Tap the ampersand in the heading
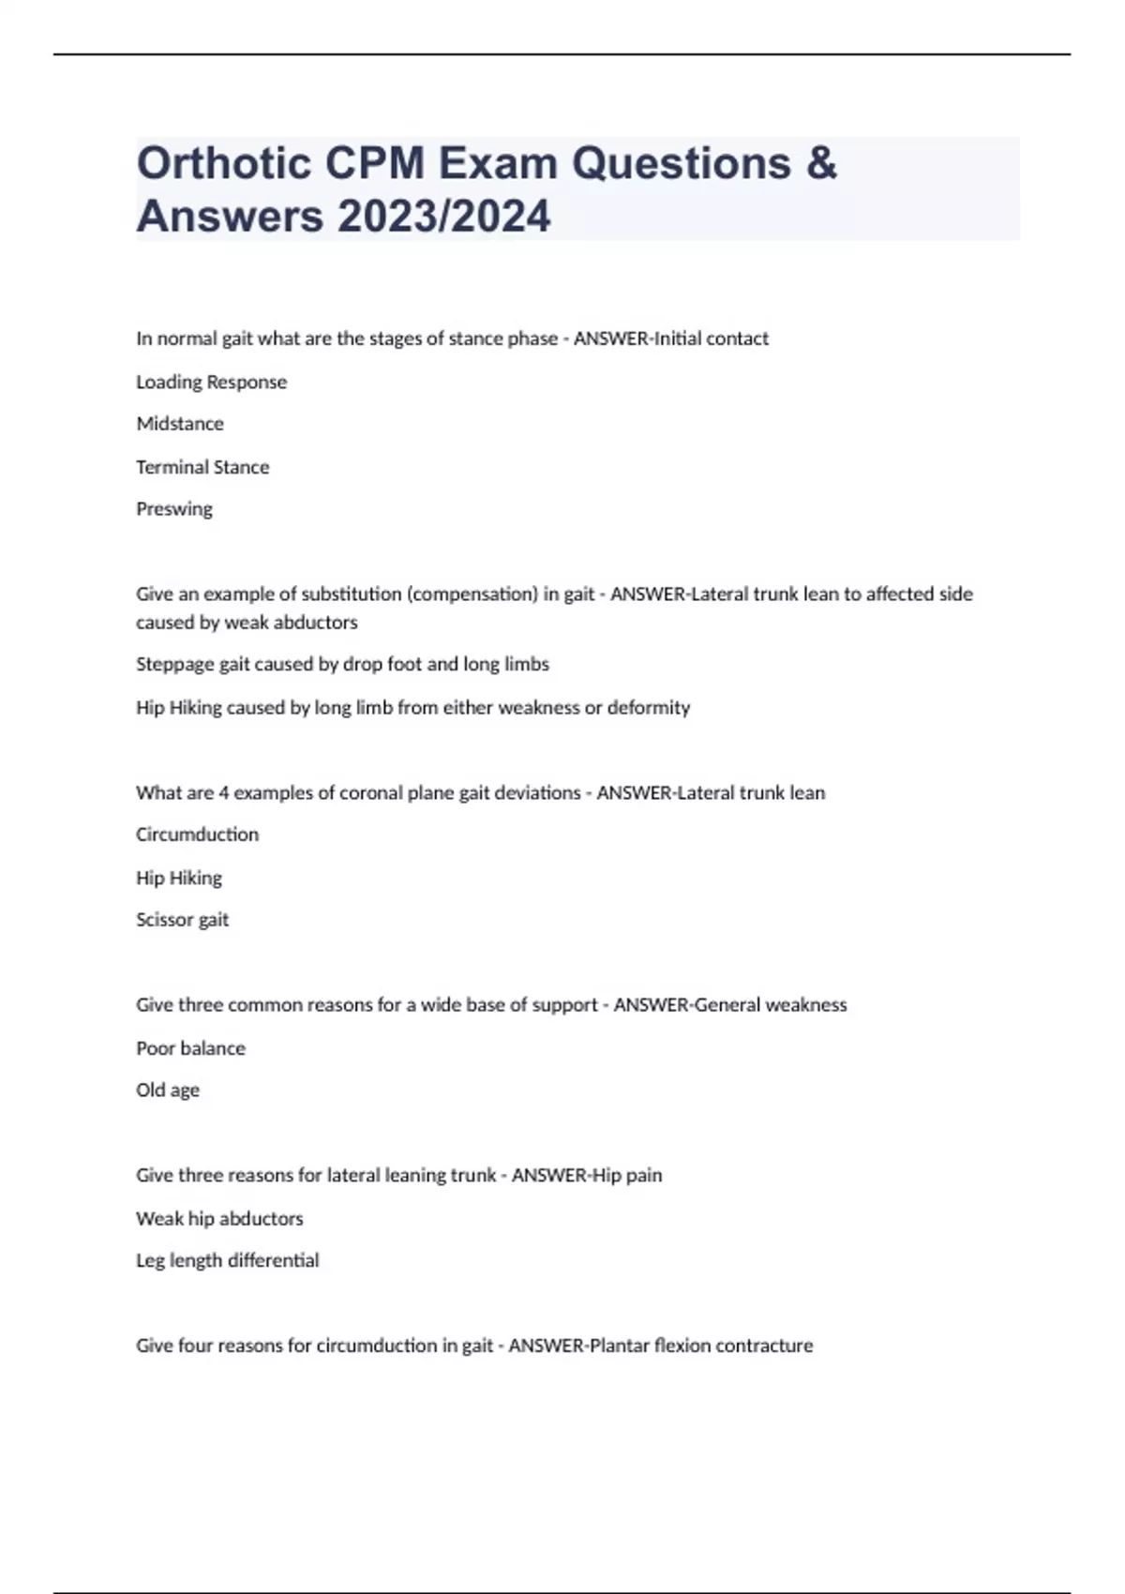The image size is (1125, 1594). [x=820, y=163]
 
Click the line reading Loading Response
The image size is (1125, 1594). [x=211, y=382]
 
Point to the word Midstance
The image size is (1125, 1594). [x=180, y=424]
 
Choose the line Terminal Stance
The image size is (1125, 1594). [x=202, y=467]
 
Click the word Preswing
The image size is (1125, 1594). [x=174, y=509]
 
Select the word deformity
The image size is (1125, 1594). [x=649, y=708]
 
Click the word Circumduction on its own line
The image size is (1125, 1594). [x=197, y=835]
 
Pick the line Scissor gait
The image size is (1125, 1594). [x=182, y=920]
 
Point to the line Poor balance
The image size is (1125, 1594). [x=190, y=1048]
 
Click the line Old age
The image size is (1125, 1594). [x=168, y=1090]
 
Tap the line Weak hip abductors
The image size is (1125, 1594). [x=219, y=1219]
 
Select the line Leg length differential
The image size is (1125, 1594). [x=227, y=1261]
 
